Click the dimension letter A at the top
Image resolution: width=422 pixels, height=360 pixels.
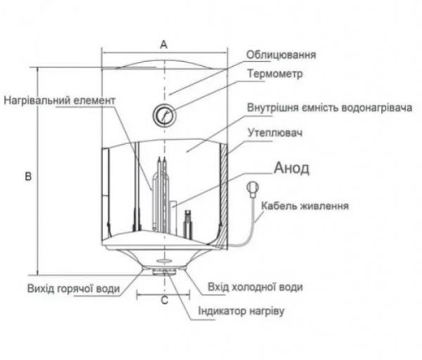(x=163, y=44)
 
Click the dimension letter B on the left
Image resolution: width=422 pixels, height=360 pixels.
(x=27, y=176)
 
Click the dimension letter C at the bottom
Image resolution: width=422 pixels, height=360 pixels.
(x=163, y=302)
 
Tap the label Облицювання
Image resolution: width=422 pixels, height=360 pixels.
(x=281, y=55)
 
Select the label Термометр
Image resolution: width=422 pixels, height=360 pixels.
(x=275, y=74)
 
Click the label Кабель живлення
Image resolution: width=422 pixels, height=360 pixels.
(x=305, y=206)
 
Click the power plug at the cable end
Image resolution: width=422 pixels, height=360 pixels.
(x=252, y=188)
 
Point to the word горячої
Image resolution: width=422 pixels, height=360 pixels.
(x=72, y=288)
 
